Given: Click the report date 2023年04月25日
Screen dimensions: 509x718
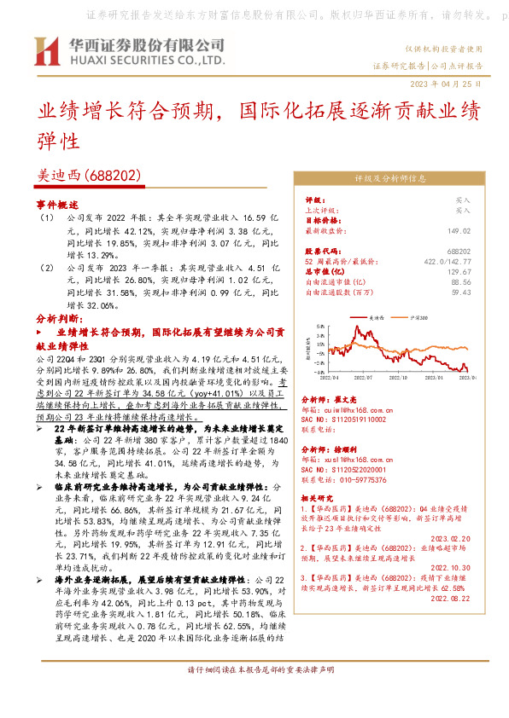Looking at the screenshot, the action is pos(446,84).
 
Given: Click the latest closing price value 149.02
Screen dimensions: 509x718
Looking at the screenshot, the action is pos(459,230).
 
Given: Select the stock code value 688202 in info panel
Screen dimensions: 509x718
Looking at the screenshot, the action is pos(459,252).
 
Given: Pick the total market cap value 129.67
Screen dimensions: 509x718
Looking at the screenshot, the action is pos(459,271).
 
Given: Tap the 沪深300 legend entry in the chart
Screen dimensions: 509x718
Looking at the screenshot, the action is pos(416,316).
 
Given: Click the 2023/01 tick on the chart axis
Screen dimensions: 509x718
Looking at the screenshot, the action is pos(435,376).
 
